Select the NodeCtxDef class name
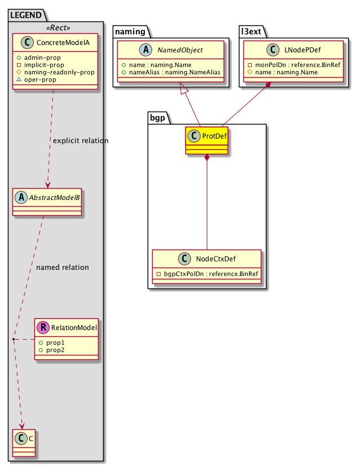(216, 260)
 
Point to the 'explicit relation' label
(80, 140)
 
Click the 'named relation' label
(62, 268)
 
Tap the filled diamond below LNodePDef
(269, 85)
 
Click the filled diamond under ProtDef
(207, 158)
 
